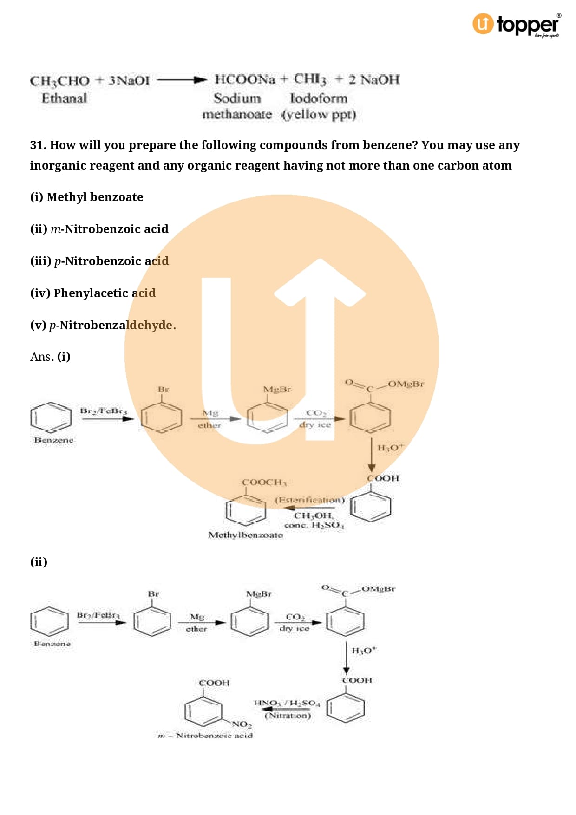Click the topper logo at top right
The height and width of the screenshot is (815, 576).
point(517,25)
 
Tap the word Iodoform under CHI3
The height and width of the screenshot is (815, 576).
point(318,98)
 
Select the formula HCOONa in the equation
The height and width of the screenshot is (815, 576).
point(245,79)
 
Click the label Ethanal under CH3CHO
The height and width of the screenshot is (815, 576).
point(64,98)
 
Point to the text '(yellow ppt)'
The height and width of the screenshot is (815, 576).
point(319,114)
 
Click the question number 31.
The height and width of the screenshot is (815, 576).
point(38,145)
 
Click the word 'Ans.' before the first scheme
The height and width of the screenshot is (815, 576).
point(42,357)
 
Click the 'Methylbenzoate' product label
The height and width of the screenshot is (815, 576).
point(245,535)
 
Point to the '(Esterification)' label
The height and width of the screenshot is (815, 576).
point(309,500)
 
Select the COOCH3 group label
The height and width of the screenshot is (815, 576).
point(264,482)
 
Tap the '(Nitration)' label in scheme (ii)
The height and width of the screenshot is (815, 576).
point(288,716)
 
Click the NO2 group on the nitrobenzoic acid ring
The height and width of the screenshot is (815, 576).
point(242,724)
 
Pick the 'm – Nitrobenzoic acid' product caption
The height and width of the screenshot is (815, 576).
point(205,736)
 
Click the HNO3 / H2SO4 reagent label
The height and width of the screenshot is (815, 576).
point(287,703)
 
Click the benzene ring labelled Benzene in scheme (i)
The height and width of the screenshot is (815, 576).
point(51,417)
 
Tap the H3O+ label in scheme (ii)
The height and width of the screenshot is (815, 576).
point(364,651)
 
